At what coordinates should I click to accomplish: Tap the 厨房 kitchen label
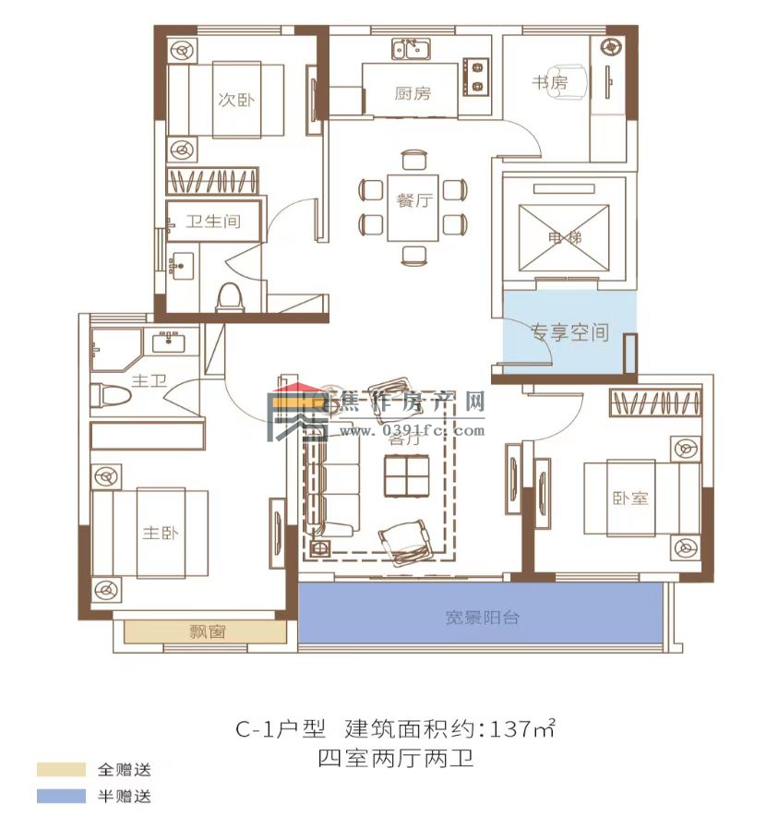pyautogui.click(x=412, y=93)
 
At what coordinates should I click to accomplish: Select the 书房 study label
pyautogui.click(x=549, y=84)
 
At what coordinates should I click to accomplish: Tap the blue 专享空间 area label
pyautogui.click(x=569, y=332)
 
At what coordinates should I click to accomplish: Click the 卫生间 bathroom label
pyautogui.click(x=212, y=222)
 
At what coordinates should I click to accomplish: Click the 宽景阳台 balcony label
pyautogui.click(x=481, y=617)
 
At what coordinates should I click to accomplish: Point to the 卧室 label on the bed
pyautogui.click(x=630, y=499)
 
